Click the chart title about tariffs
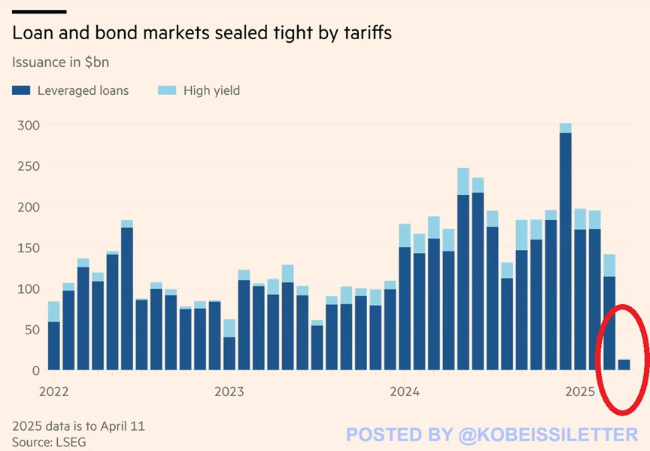202,34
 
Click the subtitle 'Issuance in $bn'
60,62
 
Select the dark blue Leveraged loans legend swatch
21,90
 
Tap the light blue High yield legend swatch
167,90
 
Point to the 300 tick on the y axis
27,125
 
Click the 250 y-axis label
27,166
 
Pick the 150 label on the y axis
27,248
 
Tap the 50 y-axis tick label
30,330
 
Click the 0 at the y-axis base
35,370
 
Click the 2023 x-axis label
229,392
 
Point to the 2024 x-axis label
405,392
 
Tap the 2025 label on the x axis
580,392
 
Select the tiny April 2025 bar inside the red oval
624,365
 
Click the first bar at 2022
53,339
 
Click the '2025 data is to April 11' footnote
78,425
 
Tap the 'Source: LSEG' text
49,442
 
